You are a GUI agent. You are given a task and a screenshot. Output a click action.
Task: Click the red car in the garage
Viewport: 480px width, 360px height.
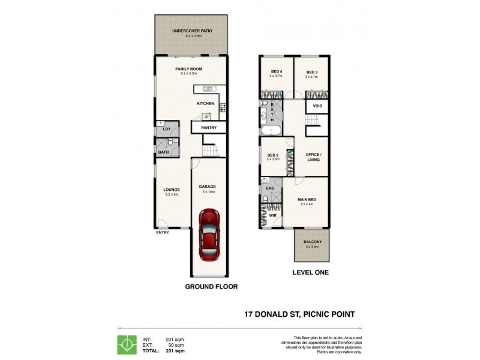tap(208, 236)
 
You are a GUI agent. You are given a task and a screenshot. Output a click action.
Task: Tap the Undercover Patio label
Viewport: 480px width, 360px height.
tap(192, 32)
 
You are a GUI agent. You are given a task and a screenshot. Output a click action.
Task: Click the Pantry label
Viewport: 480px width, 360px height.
tap(209, 128)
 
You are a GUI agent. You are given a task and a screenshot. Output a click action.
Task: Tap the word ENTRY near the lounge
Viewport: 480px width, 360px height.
tap(163, 232)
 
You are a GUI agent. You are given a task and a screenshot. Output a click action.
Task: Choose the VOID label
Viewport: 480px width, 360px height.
tap(317, 107)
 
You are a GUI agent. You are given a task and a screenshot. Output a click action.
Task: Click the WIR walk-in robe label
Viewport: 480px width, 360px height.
tap(272, 214)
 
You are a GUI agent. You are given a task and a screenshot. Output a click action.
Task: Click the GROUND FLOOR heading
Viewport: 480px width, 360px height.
tap(211, 287)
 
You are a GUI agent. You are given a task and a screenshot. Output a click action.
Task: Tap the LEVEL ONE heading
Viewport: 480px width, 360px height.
tap(310, 272)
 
